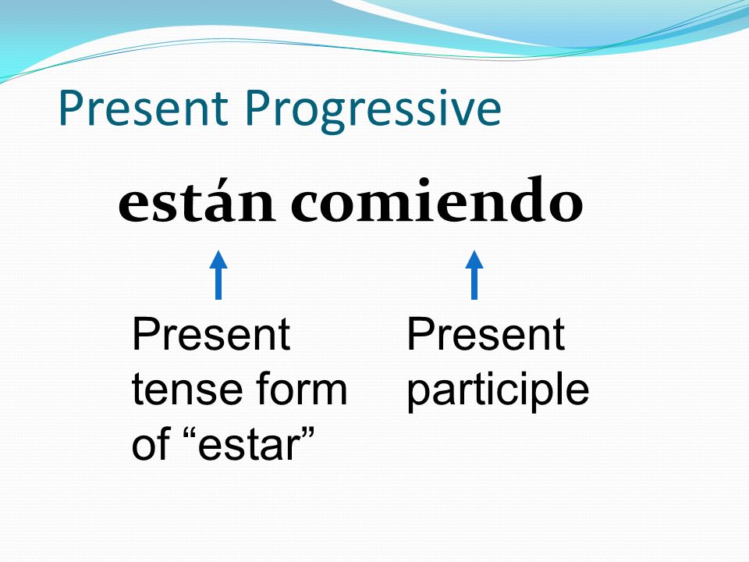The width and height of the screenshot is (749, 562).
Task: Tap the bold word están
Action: (197, 201)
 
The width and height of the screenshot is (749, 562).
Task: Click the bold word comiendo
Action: (437, 199)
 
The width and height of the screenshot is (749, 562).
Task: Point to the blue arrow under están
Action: (218, 275)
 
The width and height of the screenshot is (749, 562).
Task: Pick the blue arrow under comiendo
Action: (474, 275)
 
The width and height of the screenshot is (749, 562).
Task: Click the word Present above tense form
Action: (211, 334)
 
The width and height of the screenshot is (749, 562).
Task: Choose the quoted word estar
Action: (247, 444)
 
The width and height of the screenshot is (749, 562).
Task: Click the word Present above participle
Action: (486, 334)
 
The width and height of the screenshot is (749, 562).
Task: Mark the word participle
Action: (499, 392)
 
